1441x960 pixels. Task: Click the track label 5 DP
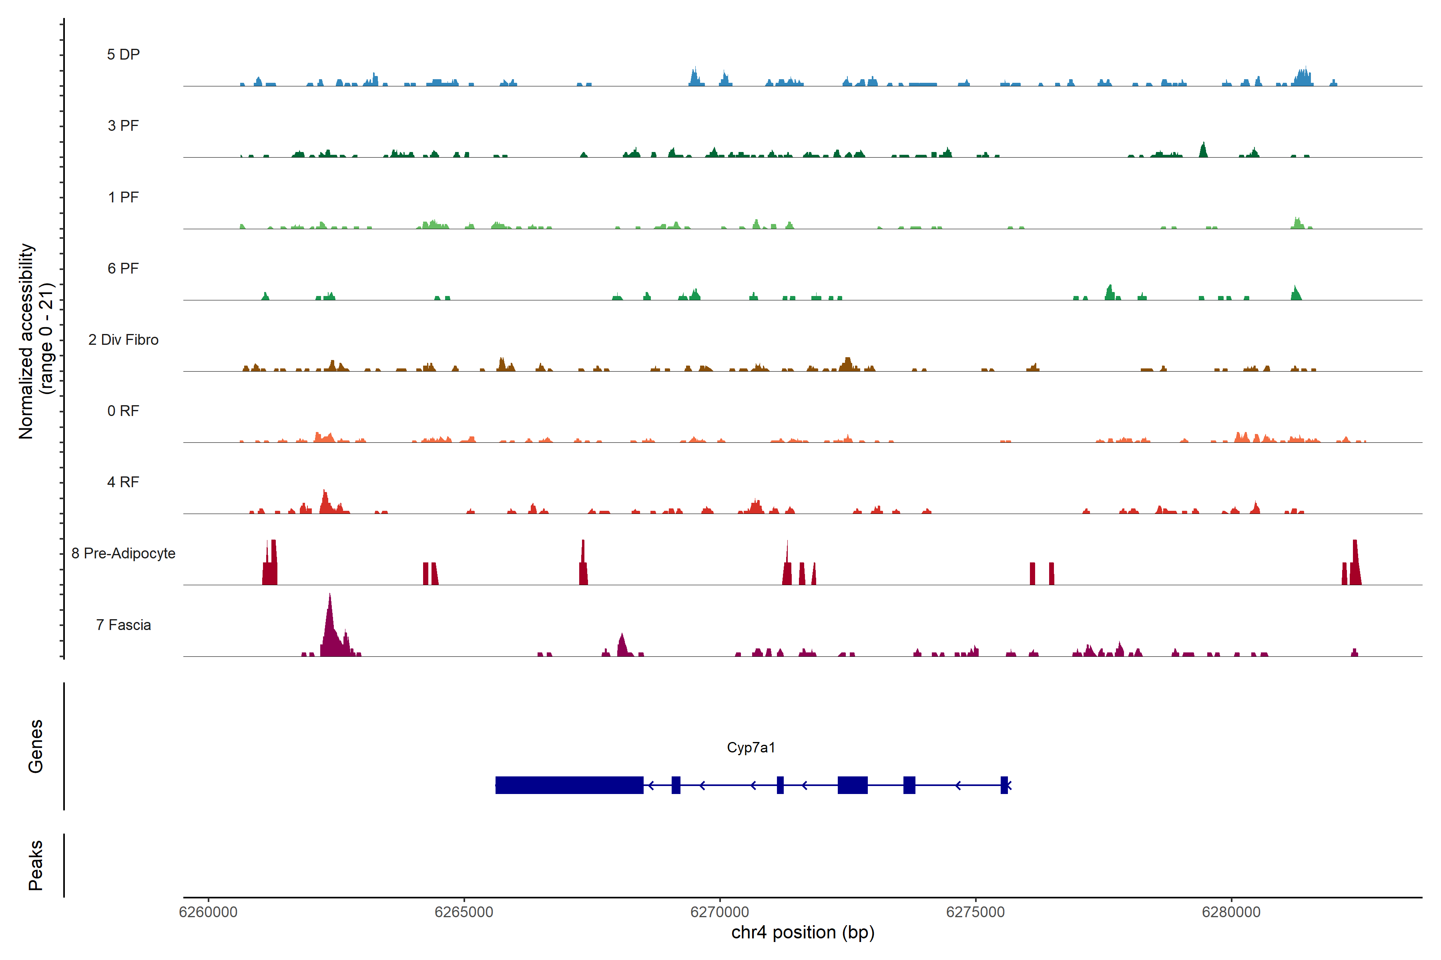(x=123, y=54)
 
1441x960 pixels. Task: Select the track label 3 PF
(x=123, y=126)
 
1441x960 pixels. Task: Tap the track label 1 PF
(x=123, y=197)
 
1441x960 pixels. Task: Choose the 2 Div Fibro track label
(x=123, y=340)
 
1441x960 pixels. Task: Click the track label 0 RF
(x=123, y=411)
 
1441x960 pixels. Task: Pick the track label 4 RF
(x=123, y=482)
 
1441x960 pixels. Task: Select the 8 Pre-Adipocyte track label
(x=123, y=554)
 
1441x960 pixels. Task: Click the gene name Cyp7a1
(x=751, y=748)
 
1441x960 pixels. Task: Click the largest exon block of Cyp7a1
(x=569, y=785)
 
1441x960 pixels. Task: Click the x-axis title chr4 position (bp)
(x=803, y=932)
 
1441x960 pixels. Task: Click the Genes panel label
(x=36, y=746)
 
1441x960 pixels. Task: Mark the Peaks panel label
(x=36, y=865)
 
